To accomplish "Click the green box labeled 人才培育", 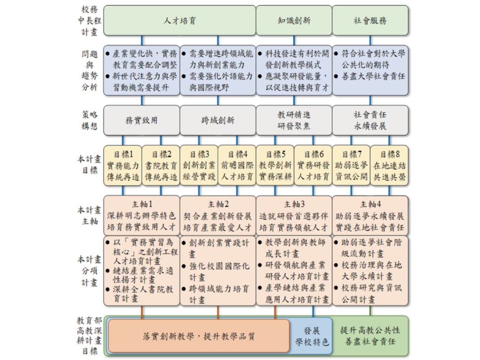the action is [179, 21].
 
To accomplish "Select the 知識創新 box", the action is [294, 21].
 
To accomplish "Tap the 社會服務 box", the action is [370, 21].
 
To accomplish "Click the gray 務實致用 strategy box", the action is [142, 120].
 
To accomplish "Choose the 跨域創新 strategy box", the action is [218, 120].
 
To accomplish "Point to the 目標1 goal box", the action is [123, 165].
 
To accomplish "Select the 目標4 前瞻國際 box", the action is [237, 165].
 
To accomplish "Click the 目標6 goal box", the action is [313, 165].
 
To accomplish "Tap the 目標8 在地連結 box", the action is [390, 165].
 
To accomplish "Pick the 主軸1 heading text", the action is [142, 204].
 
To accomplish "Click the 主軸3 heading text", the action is [294, 204].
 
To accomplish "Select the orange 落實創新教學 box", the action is [199, 336].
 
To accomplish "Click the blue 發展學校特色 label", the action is [312, 336].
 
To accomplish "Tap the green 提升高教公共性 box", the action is [370, 336].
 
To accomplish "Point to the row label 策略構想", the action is [90, 120].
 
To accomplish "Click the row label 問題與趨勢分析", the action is [90, 71].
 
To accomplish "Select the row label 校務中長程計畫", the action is [90, 21].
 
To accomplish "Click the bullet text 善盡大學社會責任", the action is [373, 76].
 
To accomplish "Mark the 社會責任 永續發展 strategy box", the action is [370, 120].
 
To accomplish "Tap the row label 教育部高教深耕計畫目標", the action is [90, 336].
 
